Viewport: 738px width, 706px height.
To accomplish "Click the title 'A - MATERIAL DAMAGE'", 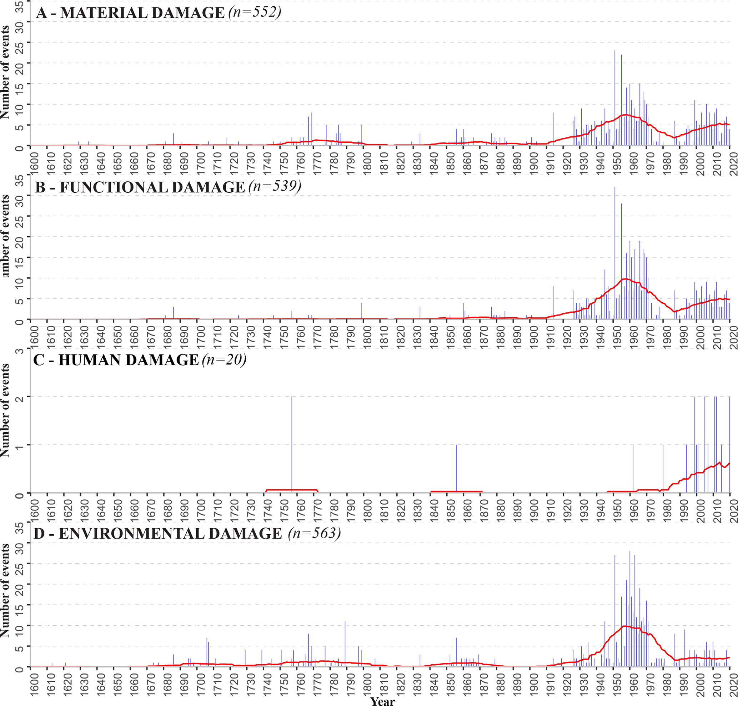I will (x=130, y=13).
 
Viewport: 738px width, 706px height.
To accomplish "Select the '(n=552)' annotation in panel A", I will (x=255, y=12).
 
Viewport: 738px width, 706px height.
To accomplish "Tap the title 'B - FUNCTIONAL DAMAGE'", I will (x=140, y=187).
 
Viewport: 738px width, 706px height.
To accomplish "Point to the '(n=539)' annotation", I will (x=275, y=187).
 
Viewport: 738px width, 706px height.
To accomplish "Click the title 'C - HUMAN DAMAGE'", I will (x=116, y=360).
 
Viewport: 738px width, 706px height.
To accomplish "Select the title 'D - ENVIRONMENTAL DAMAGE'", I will (x=158, y=534).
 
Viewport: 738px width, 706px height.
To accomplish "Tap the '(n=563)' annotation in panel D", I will (x=315, y=533).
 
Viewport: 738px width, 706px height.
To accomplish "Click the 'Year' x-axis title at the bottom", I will (x=382, y=701).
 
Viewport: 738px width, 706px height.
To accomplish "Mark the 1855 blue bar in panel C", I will (x=457, y=468).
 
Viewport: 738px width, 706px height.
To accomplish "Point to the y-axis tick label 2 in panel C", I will (x=20, y=397).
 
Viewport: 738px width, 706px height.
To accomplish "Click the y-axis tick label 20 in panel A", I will (x=20, y=63).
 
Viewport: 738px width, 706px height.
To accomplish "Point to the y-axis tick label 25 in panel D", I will (x=20, y=563).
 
